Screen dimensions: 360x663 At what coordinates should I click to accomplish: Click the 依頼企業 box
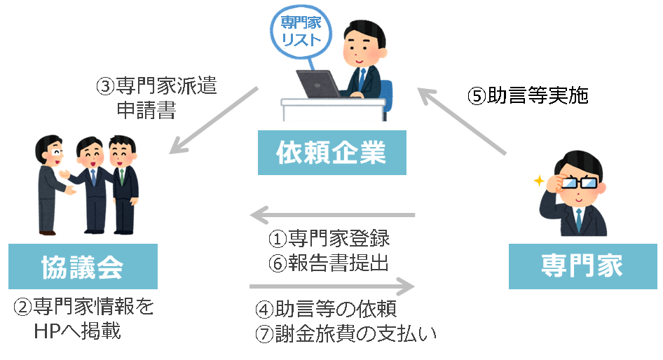331,153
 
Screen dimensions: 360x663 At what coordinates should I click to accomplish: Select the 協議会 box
83,266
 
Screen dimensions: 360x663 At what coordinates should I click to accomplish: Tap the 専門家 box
582,266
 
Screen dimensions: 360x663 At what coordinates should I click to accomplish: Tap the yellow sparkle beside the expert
538,181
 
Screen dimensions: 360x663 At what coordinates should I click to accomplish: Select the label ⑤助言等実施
528,96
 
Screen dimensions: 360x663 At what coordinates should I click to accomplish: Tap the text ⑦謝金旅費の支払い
346,333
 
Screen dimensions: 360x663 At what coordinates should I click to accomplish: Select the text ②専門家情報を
83,307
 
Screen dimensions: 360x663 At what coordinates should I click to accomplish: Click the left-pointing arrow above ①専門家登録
333,214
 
